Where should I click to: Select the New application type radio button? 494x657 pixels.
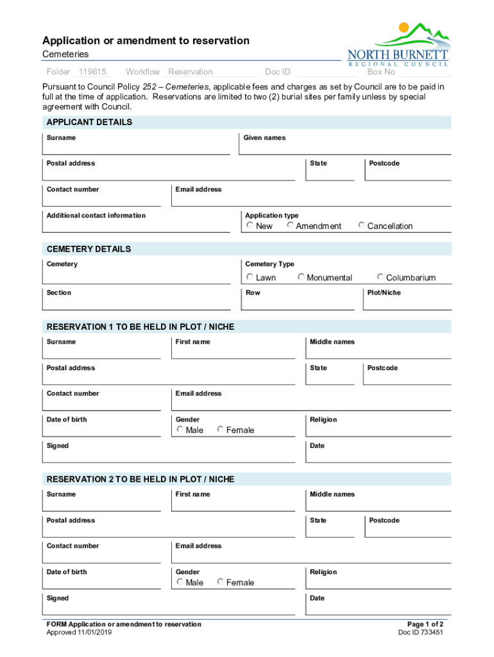click(250, 225)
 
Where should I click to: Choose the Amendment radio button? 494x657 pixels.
click(290, 225)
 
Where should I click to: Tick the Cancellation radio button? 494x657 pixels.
click(361, 225)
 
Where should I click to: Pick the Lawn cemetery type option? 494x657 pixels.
click(250, 277)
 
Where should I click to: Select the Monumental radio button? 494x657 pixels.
click(301, 277)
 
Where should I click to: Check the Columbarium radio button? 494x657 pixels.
click(380, 277)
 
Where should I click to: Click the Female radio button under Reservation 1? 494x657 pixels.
click(220, 429)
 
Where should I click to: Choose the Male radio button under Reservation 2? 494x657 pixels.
click(180, 582)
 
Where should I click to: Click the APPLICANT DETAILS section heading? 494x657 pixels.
click(89, 122)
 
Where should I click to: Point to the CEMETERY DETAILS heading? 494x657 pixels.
click(89, 249)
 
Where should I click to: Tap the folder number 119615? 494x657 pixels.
click(92, 72)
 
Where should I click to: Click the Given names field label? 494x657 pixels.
click(264, 138)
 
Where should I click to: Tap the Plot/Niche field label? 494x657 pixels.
click(384, 293)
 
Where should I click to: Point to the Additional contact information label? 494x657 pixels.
click(96, 216)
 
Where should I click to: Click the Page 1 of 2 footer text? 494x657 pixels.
click(425, 624)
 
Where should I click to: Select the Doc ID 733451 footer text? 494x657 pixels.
click(420, 632)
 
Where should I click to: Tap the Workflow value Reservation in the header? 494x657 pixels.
click(191, 72)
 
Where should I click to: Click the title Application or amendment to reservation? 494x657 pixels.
click(146, 41)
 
